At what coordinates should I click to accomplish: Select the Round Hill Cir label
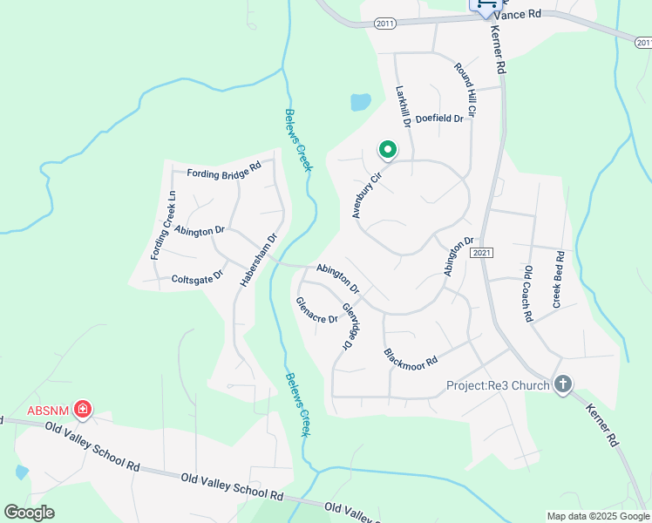tap(465, 90)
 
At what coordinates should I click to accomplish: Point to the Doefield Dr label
tap(439, 119)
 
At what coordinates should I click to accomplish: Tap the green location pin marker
tap(388, 151)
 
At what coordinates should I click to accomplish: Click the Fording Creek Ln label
tap(159, 225)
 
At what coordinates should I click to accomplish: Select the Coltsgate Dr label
tap(197, 277)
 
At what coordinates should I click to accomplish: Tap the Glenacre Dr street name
tap(317, 311)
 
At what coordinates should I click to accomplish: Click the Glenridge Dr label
tap(350, 326)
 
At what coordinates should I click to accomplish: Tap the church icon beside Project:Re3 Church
tap(563, 384)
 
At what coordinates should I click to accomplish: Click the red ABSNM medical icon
tap(83, 409)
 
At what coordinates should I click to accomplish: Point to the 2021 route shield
tap(482, 252)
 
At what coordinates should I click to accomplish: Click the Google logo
tap(30, 513)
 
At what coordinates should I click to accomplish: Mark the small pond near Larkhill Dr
tap(360, 103)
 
